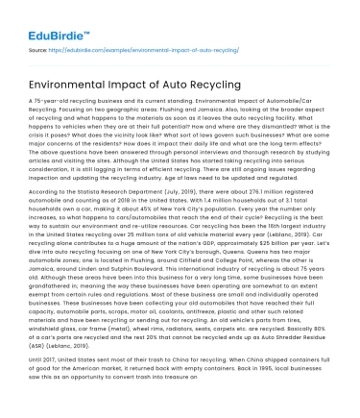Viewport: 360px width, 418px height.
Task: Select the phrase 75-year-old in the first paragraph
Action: click(49, 100)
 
